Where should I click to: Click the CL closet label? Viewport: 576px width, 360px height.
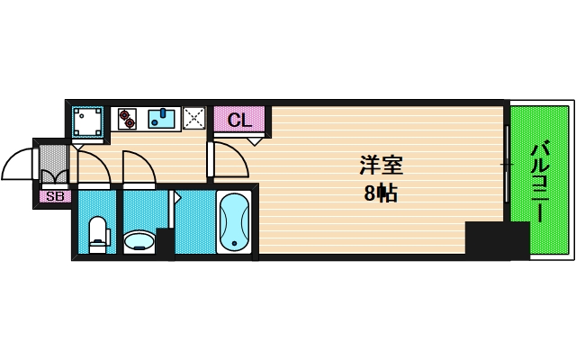pos(238,120)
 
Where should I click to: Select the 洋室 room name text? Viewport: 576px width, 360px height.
pos(382,166)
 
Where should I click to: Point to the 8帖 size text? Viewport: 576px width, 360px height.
pos(382,192)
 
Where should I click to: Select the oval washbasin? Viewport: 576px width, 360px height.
pos(139,240)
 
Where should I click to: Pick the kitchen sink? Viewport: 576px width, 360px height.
pos(163,118)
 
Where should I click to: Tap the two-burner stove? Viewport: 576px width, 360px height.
pos(125,118)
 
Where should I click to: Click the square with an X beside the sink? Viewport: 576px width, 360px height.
pos(194,118)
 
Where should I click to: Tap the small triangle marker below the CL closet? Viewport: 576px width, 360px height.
pos(255,141)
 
